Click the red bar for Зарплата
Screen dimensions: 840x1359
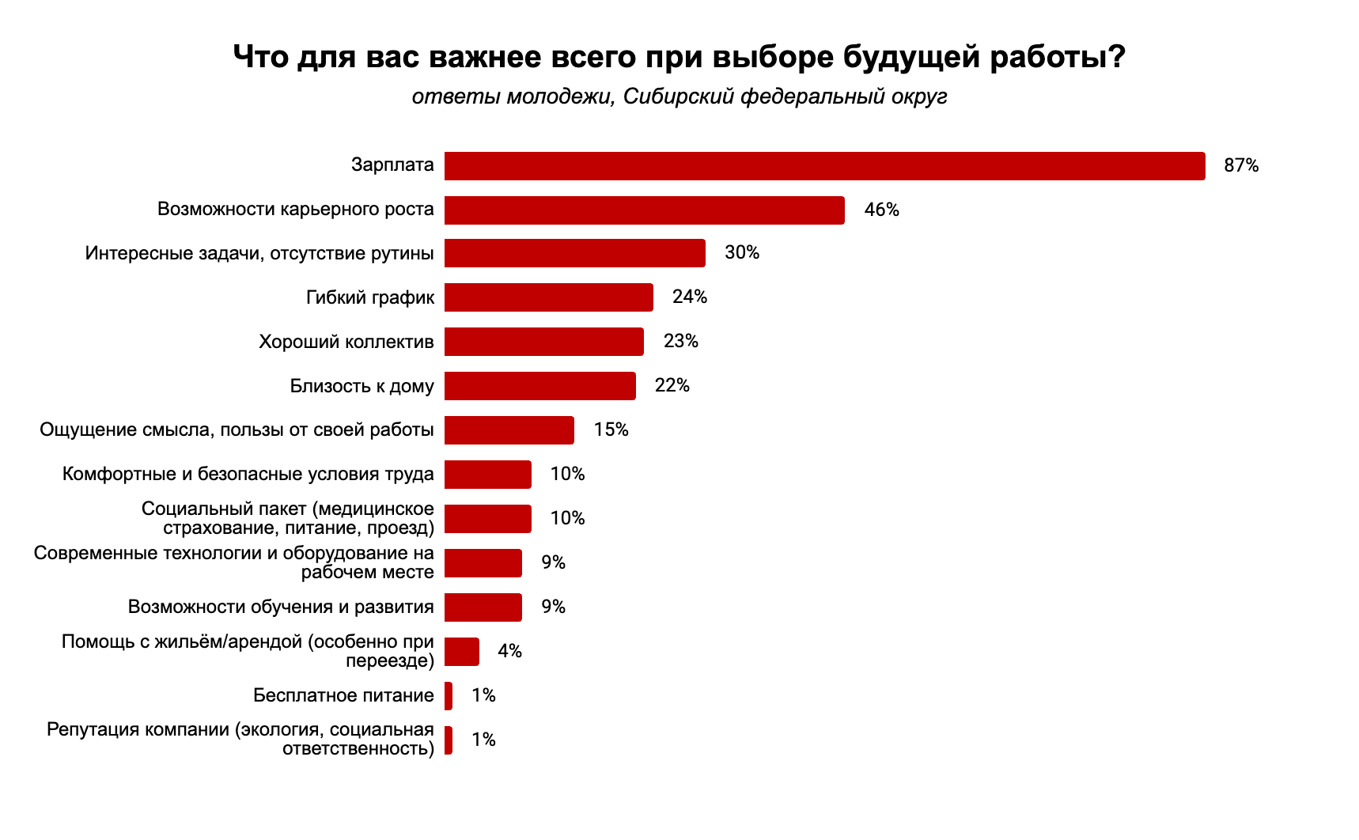[824, 166]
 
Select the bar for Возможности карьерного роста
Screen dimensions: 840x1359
[644, 210]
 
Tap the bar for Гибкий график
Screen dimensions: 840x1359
[548, 297]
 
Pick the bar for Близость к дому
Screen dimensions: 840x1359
[539, 386]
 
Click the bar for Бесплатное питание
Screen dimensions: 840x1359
[449, 696]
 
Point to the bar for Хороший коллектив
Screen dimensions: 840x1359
[543, 342]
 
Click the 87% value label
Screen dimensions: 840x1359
[1240, 166]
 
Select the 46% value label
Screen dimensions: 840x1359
[881, 210]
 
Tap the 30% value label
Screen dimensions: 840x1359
[741, 253]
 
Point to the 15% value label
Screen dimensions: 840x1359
[611, 430]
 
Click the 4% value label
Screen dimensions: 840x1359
[509, 651]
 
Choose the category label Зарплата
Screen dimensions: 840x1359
[392, 165]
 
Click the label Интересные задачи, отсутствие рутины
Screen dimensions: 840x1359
[259, 254]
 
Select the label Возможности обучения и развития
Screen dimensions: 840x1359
[281, 607]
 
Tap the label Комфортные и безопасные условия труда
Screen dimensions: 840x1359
[248, 475]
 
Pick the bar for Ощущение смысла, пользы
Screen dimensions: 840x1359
[509, 430]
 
